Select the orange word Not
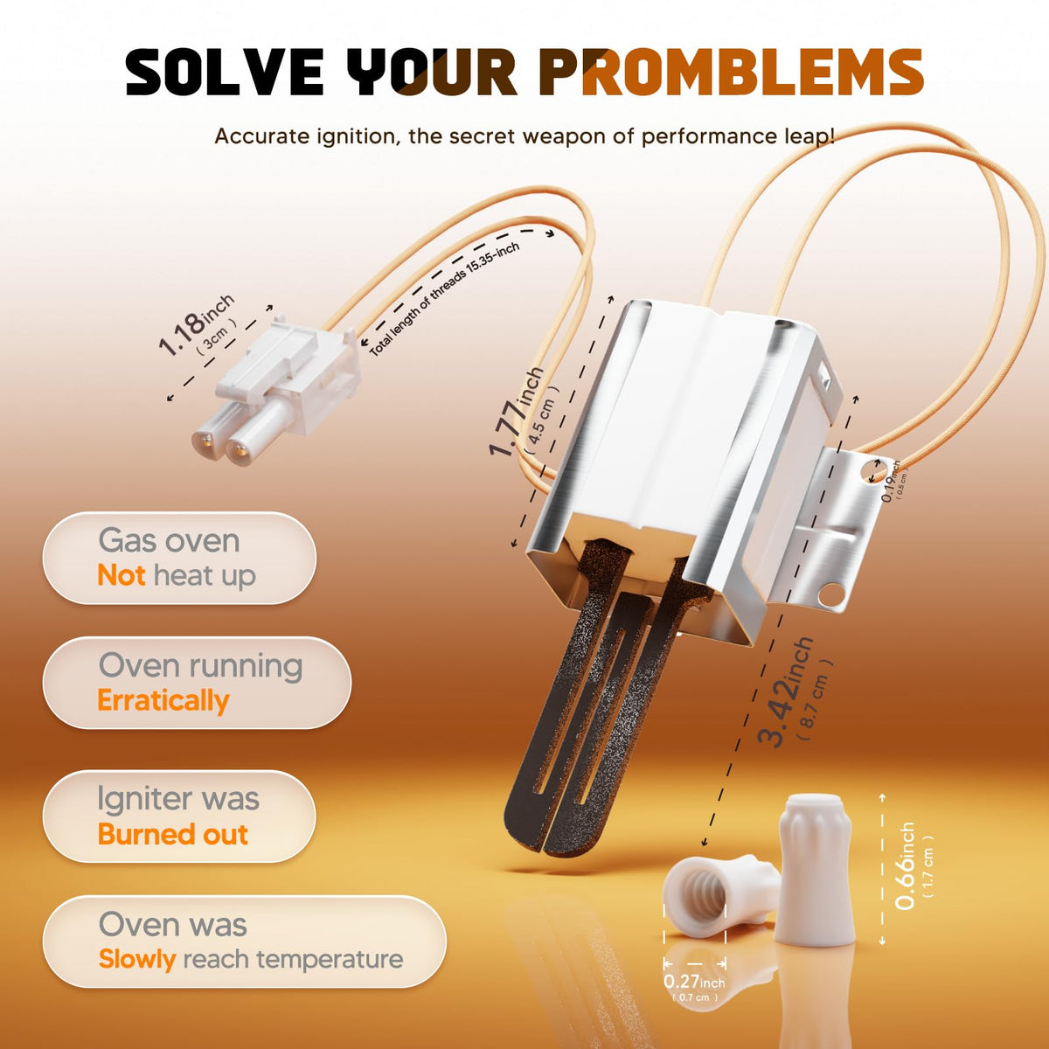(x=122, y=575)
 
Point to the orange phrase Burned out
(x=173, y=834)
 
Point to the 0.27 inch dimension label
(x=694, y=982)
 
